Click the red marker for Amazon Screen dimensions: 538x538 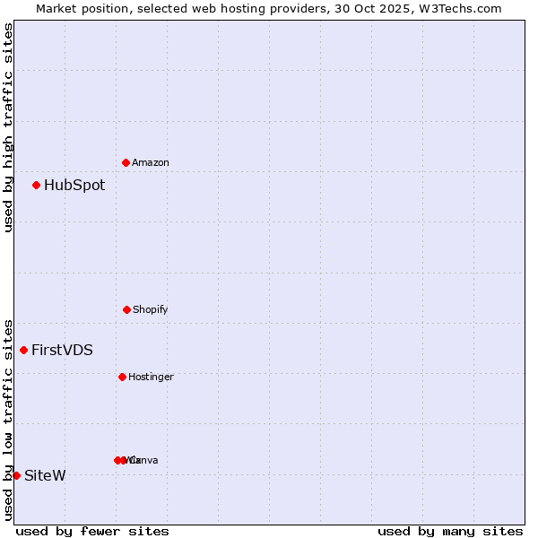(x=126, y=162)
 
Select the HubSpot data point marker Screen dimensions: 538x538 (x=36, y=186)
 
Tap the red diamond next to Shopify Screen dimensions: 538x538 (x=126, y=309)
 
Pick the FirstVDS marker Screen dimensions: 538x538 (x=23, y=350)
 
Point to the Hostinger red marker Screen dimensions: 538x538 (x=122, y=377)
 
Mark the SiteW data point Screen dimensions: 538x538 (x=16, y=475)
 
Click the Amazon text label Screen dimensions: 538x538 (x=150, y=163)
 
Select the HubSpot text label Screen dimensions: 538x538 (x=74, y=186)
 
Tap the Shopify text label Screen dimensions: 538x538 (x=150, y=310)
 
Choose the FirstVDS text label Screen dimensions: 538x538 (x=62, y=351)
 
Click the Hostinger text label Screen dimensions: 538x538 (x=151, y=377)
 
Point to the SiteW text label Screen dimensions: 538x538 (x=45, y=476)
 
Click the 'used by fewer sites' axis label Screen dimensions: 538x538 (x=92, y=531)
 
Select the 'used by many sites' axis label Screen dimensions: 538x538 (x=450, y=531)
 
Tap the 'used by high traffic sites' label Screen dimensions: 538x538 (x=8, y=127)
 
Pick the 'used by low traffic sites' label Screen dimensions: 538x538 (x=8, y=419)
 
